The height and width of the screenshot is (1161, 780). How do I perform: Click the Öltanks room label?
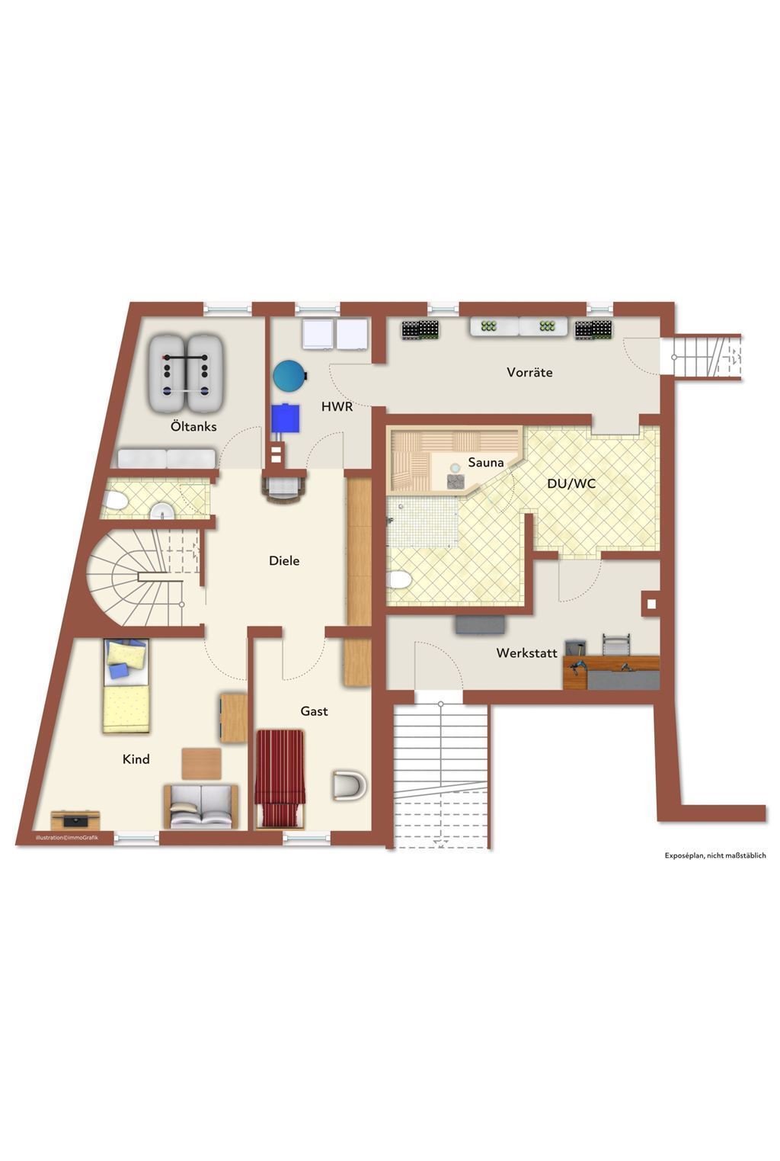pos(193,427)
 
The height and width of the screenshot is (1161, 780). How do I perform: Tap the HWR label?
pos(337,407)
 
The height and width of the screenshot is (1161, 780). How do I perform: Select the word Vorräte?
pos(529,372)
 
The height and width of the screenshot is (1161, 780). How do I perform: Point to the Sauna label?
pos(486,462)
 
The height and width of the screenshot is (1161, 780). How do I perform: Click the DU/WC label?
pos(571,483)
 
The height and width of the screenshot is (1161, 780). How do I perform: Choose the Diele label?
pos(284,560)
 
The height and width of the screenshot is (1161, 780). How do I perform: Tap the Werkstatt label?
pos(527,653)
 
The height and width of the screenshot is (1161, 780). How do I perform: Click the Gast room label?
pos(314,711)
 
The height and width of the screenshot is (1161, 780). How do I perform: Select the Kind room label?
pos(136,758)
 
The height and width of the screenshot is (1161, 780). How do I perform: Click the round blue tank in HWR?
pos(290,375)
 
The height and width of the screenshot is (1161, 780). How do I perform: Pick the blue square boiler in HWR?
pos(286,418)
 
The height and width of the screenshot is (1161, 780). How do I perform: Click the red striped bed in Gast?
pos(280,779)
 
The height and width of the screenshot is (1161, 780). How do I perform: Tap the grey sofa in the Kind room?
pos(201,807)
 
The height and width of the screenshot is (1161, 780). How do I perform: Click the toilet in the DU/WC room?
pos(398,580)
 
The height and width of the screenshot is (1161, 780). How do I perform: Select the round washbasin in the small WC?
pos(163,512)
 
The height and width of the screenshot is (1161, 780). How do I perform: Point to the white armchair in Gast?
pos(349,785)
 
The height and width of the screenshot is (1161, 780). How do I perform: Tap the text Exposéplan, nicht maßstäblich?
pos(715,856)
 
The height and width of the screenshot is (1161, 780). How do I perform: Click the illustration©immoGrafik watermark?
pos(67,838)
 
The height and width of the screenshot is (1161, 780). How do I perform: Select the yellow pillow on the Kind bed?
pos(127,655)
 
